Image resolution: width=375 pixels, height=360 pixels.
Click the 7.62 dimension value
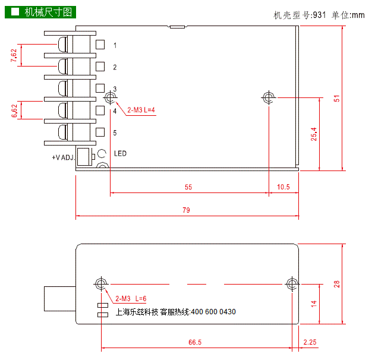(x=14, y=55)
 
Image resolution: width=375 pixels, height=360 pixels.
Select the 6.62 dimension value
(x=14, y=110)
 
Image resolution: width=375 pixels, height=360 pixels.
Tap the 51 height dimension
(x=336, y=99)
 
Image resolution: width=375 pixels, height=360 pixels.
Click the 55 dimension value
(x=188, y=187)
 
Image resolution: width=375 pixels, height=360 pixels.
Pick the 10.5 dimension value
(x=283, y=187)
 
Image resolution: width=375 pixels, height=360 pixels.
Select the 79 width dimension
(x=186, y=210)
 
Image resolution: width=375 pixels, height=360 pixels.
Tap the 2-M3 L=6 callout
(x=131, y=298)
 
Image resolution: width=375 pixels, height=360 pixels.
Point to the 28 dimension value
(x=337, y=285)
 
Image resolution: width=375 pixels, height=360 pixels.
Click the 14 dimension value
(x=314, y=303)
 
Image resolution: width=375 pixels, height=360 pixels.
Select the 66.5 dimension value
(x=195, y=342)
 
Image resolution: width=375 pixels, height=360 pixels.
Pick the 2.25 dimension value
(x=310, y=342)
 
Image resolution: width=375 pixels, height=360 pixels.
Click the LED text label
(x=120, y=154)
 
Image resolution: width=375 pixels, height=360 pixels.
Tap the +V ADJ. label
(x=64, y=157)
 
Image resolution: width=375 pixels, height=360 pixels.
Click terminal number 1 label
(x=115, y=45)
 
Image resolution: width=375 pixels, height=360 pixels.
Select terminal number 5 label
(x=115, y=132)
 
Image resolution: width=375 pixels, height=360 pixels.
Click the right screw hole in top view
(x=269, y=97)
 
